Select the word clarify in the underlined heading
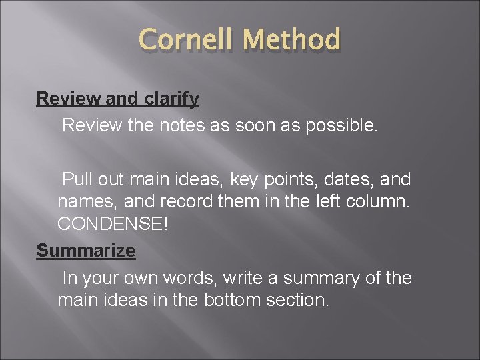[x=171, y=99]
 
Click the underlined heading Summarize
[x=86, y=251]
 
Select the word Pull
[x=78, y=179]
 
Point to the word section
[x=297, y=300]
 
